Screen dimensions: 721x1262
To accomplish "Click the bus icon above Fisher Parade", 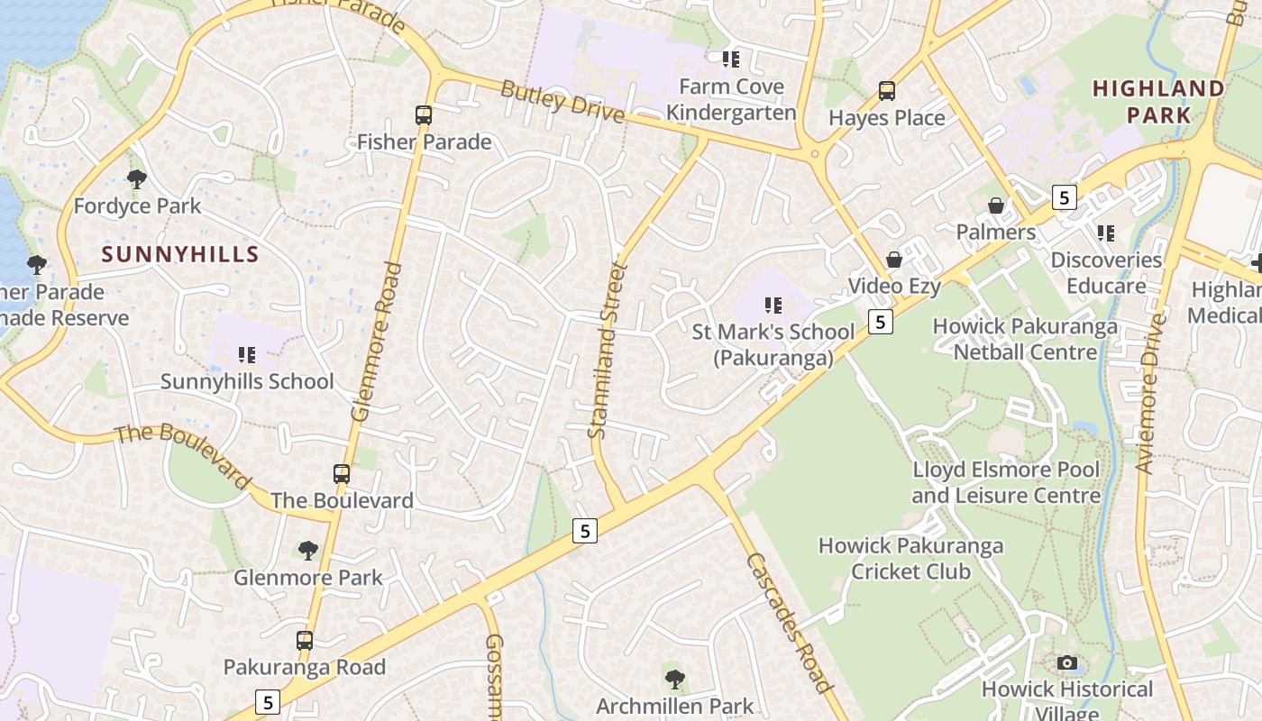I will tap(424, 115).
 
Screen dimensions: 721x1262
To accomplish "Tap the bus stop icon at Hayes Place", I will tap(887, 91).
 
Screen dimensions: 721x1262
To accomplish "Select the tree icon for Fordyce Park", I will tap(137, 179).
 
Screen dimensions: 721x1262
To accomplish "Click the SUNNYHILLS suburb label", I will tap(180, 254).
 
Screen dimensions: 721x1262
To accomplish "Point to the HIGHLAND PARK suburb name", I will tap(1158, 101).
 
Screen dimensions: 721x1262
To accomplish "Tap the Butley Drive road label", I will tap(562, 101).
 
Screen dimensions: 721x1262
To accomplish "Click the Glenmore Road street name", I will tap(377, 342).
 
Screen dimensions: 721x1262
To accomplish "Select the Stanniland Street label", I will tap(606, 350).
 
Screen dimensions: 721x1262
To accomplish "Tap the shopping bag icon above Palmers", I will tap(996, 206).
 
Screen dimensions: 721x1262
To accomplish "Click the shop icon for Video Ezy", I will tap(894, 260).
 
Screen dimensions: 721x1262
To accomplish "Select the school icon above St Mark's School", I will tap(773, 306).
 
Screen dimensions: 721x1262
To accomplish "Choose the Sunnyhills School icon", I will tap(246, 355).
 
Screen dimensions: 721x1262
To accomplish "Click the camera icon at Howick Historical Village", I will tap(1067, 663).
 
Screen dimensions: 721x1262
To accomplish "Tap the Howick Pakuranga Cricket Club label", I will tap(910, 558).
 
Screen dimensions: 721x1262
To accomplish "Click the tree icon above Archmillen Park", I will tap(674, 680).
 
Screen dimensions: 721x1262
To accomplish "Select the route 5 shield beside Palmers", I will tap(1065, 197).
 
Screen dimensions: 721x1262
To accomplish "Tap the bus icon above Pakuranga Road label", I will tap(305, 641).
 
